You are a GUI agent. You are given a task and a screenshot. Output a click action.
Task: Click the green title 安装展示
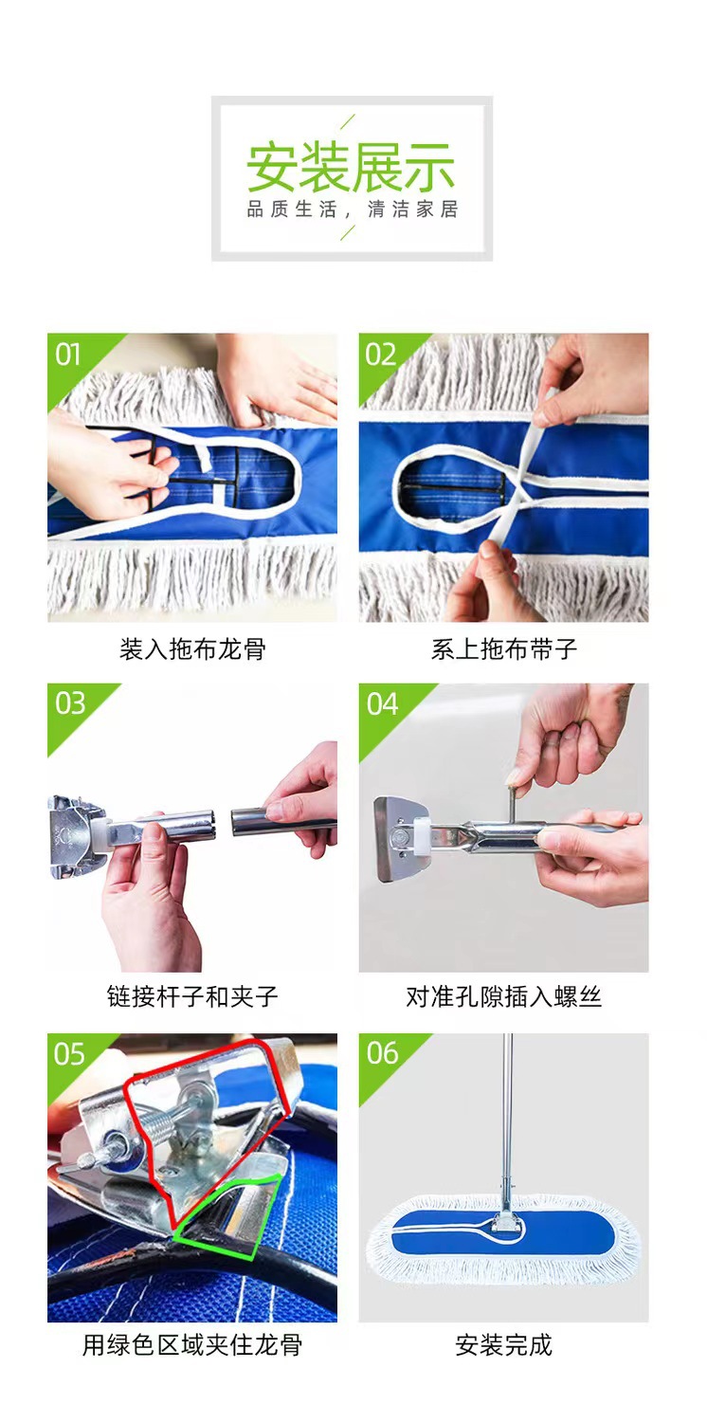(351, 168)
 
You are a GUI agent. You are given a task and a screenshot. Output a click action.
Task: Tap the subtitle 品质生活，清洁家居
(353, 210)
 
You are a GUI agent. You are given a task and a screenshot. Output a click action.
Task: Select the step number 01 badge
(68, 355)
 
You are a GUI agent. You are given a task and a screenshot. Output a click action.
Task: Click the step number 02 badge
(380, 355)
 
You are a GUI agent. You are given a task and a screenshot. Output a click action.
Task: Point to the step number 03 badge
(70, 703)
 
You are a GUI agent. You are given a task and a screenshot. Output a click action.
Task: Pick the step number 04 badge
(382, 704)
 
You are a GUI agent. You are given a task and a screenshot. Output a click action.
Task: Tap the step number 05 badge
(69, 1054)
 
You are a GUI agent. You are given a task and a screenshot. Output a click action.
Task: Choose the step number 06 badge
(382, 1053)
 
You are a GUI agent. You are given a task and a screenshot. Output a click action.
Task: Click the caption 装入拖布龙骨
(192, 648)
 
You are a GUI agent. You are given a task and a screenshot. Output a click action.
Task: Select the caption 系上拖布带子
(504, 648)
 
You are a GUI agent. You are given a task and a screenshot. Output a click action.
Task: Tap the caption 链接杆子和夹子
(192, 996)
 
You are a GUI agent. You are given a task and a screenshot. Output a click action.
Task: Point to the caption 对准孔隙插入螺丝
(504, 996)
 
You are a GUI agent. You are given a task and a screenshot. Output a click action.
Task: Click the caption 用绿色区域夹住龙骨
(192, 1344)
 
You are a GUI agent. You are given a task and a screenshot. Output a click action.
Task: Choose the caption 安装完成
(504, 1344)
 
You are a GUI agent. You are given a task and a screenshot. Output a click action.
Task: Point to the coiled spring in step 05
(154, 1129)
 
